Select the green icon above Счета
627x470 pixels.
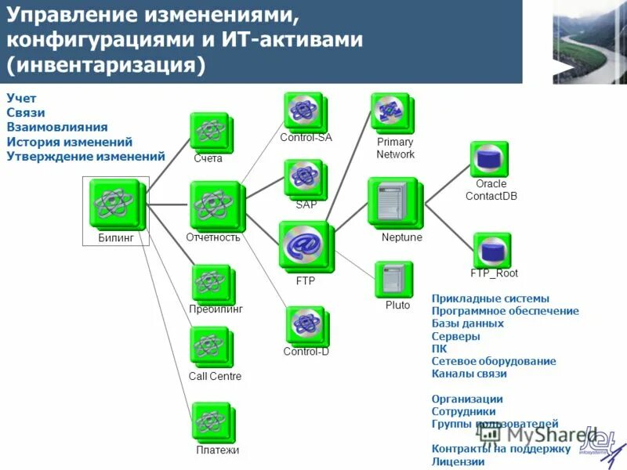209,130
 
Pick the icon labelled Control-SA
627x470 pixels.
303,111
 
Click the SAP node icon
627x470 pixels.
304,178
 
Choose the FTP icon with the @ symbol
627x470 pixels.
303,246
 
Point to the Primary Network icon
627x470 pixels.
391,113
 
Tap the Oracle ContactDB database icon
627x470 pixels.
488,159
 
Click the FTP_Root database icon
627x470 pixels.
491,250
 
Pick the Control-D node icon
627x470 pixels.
304,324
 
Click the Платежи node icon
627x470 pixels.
211,421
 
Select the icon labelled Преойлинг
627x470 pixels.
210,283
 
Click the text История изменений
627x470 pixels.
69,142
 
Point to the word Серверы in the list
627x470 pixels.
455,336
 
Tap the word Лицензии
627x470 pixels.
458,461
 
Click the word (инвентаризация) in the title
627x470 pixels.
105,64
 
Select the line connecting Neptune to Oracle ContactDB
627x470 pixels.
446,185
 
